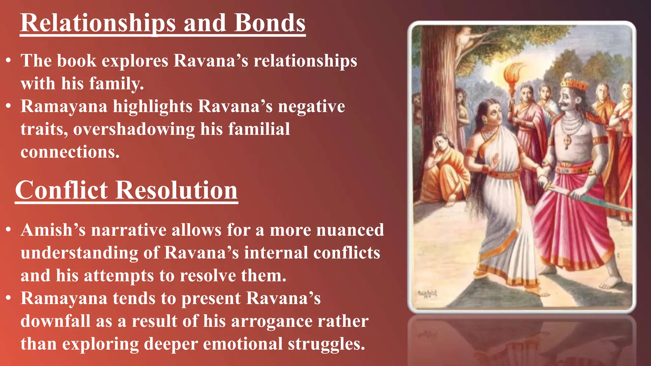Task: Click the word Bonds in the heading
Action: point(270,23)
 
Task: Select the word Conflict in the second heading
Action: point(62,190)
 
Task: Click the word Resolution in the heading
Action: point(176,190)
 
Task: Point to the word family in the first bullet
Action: point(116,84)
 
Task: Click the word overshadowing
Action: point(134,129)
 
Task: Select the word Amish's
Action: point(53,230)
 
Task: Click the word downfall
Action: point(55,321)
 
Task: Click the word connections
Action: point(70,152)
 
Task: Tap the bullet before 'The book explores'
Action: point(9,60)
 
